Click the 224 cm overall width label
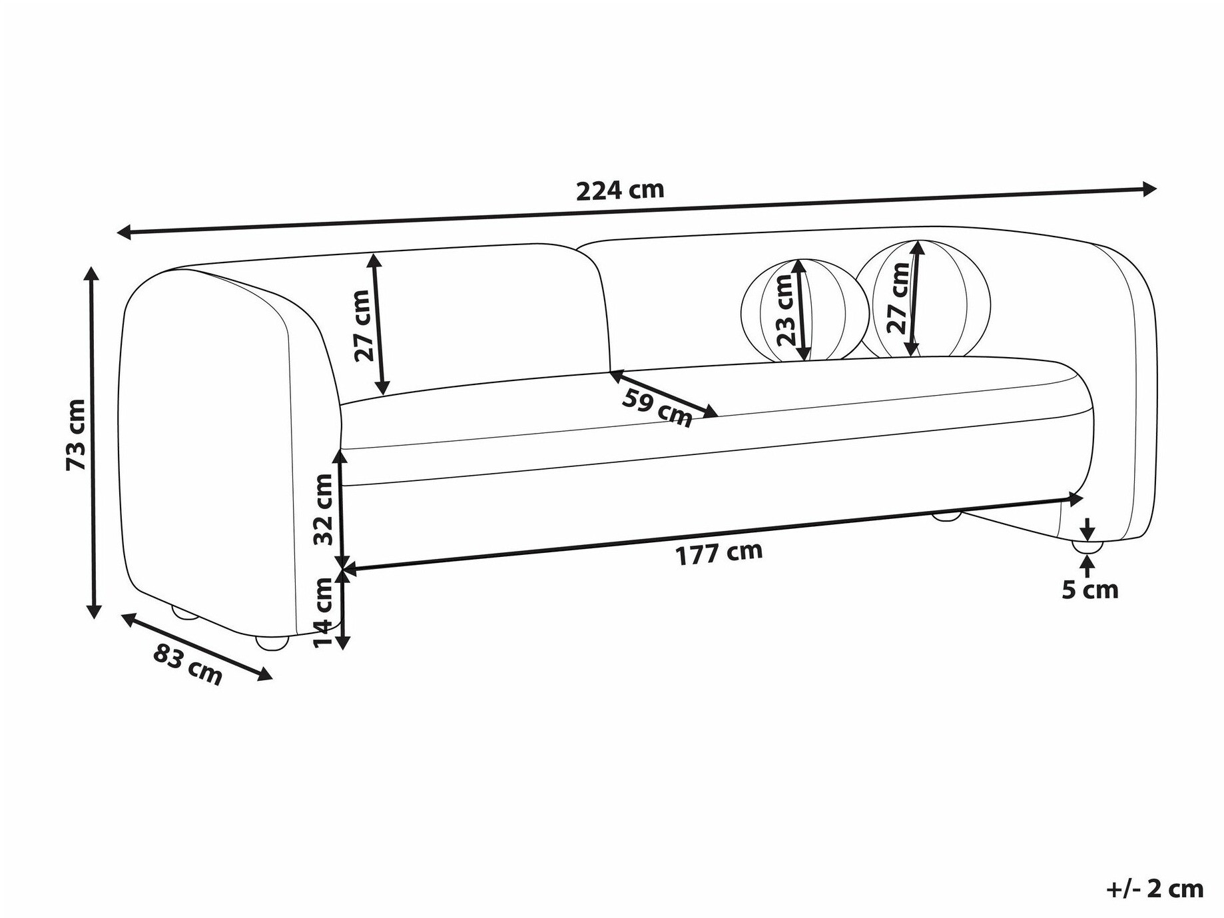(x=620, y=191)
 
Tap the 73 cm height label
(x=76, y=435)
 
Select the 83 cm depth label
(x=188, y=663)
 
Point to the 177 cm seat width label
(x=719, y=553)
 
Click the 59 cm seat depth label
(x=657, y=407)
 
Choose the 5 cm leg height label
(x=1090, y=590)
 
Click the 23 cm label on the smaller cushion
(x=786, y=310)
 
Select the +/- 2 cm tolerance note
(x=1156, y=889)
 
